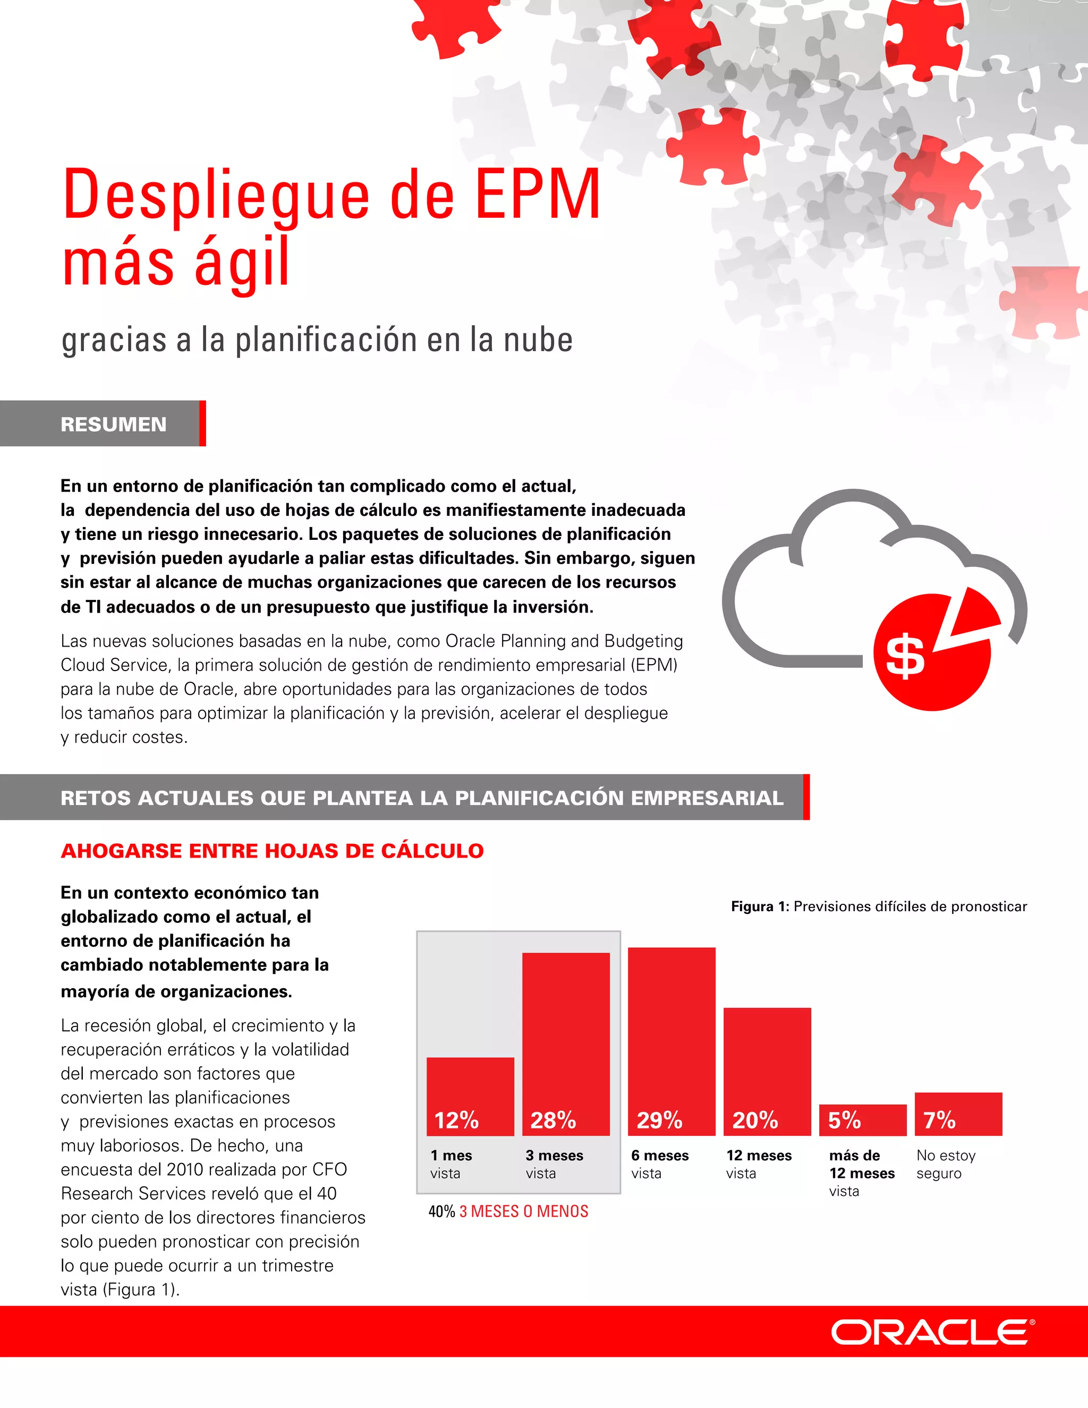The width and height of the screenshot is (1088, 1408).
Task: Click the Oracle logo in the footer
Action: tap(932, 1333)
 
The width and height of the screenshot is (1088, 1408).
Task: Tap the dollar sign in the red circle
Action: tap(905, 656)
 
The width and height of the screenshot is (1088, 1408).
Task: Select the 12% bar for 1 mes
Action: tap(470, 1096)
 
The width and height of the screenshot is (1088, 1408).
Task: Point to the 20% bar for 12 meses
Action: tap(767, 1071)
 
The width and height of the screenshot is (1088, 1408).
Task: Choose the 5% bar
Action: tap(862, 1120)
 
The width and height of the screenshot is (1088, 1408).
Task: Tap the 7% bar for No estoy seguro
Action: tap(958, 1113)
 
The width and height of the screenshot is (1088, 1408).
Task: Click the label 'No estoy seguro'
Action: tap(946, 1164)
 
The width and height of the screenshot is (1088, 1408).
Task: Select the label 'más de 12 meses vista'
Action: tap(861, 1173)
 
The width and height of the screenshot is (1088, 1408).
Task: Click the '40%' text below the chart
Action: tap(441, 1211)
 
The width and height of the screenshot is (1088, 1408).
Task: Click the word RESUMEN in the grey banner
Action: tap(114, 424)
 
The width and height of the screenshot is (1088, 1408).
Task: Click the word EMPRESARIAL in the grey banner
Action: tap(707, 798)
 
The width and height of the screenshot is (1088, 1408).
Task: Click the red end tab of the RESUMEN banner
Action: tap(202, 423)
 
